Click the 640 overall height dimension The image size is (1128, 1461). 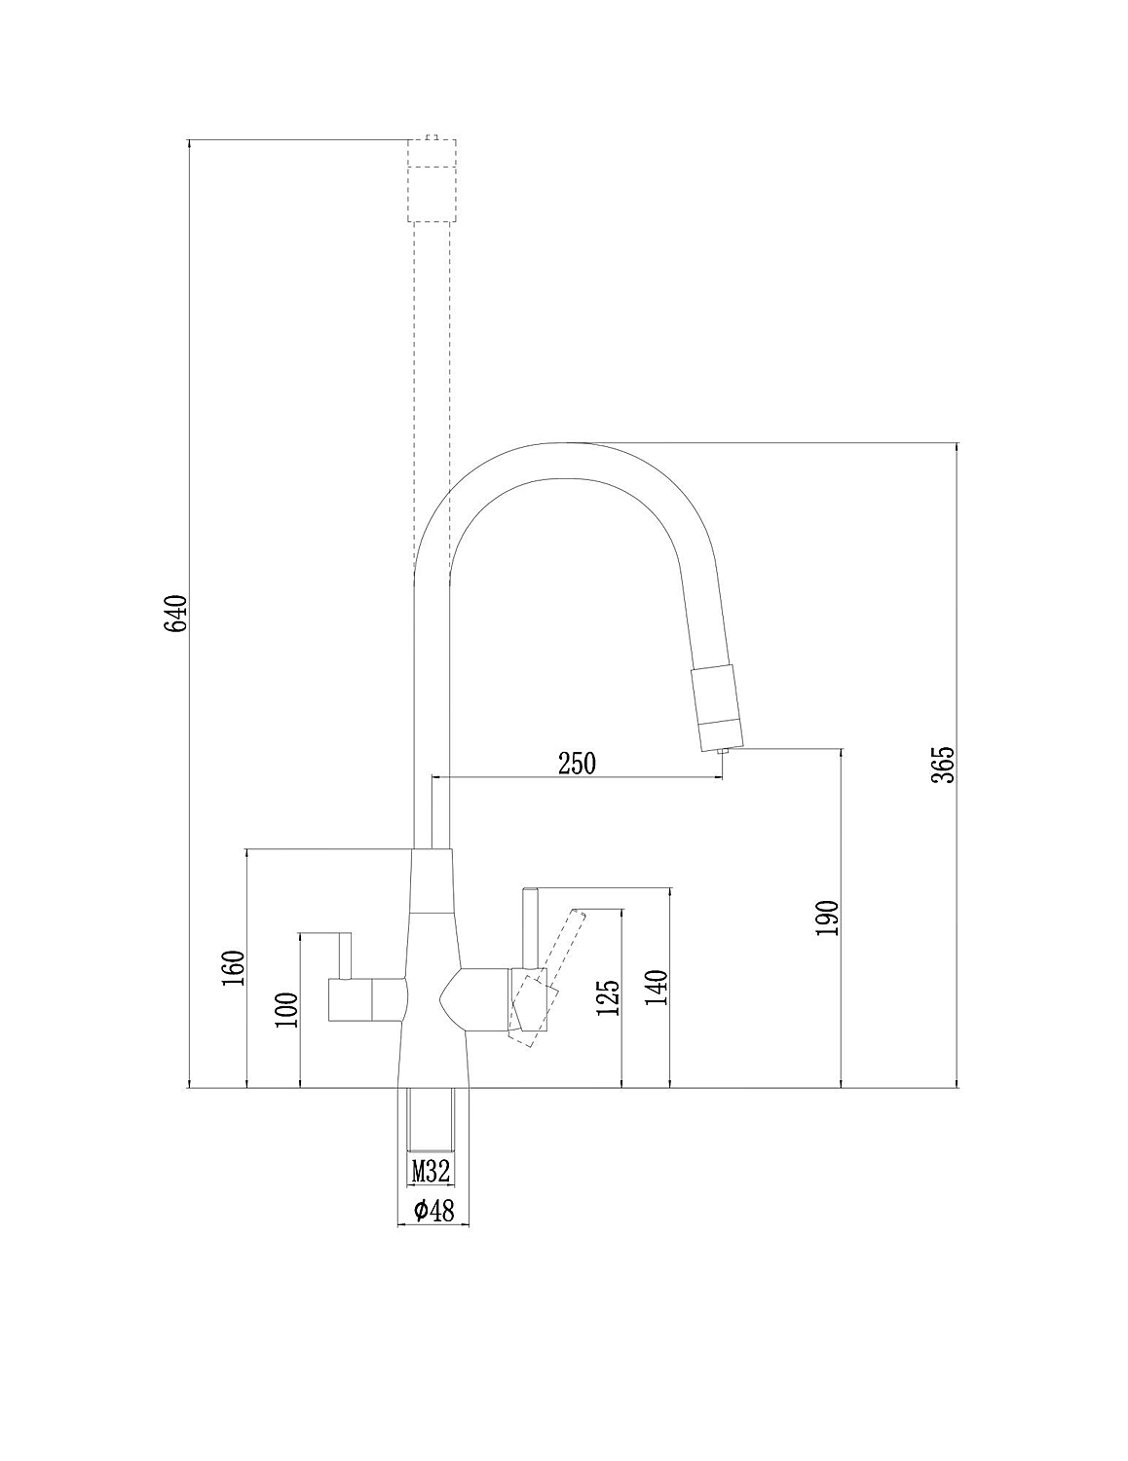pos(175,613)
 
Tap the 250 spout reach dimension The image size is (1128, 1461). pos(577,763)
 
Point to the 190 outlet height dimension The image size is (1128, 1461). pos(827,918)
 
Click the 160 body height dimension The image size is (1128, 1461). pos(233,967)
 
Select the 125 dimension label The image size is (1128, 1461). pos(608,996)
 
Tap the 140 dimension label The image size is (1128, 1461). pos(657,987)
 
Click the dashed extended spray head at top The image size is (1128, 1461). pos(432,179)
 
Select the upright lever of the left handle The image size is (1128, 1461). pos(346,955)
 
